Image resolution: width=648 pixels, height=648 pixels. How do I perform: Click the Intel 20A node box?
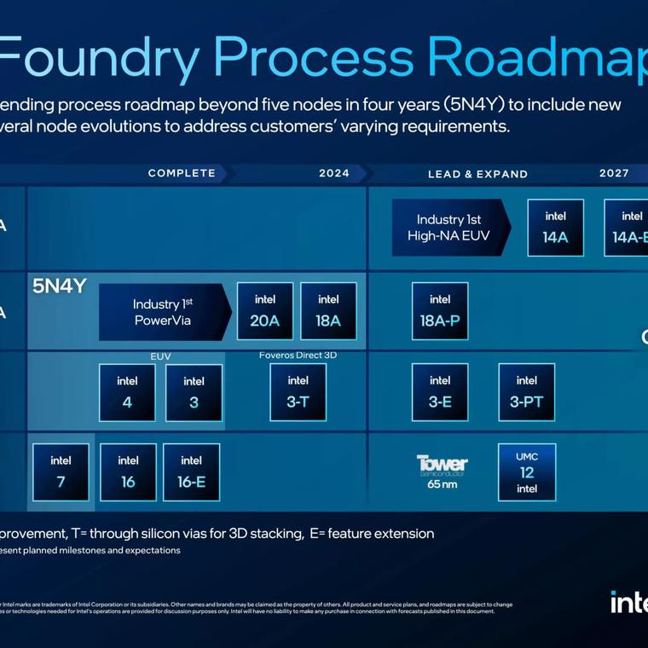[x=264, y=311]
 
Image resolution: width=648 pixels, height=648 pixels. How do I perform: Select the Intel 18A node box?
[x=328, y=311]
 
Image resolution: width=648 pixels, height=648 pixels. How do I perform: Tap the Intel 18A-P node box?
[x=440, y=311]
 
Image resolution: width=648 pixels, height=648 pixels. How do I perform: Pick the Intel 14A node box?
[x=555, y=228]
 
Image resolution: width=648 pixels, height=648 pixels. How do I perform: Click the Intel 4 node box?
[x=127, y=392]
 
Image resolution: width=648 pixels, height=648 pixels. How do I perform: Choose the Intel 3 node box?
[x=194, y=392]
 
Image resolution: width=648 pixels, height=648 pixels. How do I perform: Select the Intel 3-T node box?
[x=298, y=391]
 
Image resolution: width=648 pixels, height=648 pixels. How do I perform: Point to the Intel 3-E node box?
[x=440, y=391]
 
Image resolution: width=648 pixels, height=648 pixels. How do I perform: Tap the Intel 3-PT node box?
[x=526, y=391]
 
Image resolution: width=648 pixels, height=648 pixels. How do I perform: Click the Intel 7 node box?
[x=61, y=472]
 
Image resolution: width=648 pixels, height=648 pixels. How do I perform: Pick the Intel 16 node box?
[x=128, y=472]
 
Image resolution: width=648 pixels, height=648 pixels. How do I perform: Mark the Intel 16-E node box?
[x=192, y=472]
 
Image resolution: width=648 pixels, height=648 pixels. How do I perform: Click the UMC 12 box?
[x=526, y=472]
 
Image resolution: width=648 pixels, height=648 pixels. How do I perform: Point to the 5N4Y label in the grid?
[x=60, y=286]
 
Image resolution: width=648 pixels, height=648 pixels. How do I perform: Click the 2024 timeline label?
[x=334, y=173]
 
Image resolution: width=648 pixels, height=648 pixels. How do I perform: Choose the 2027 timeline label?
[x=614, y=173]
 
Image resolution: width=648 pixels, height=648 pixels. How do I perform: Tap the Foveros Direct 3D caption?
[x=298, y=355]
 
